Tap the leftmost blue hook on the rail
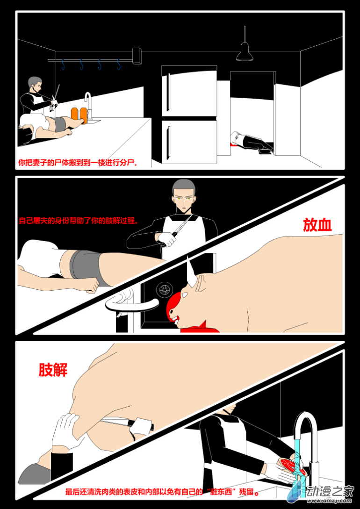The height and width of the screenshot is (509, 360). (x=62, y=65)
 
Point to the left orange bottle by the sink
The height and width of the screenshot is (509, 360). (x=75, y=114)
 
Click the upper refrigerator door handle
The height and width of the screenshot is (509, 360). (x=169, y=92)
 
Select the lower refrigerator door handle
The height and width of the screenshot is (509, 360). (x=168, y=143)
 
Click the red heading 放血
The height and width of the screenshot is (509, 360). (x=317, y=225)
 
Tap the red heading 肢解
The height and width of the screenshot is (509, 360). (x=53, y=369)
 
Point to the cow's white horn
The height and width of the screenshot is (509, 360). (x=191, y=272)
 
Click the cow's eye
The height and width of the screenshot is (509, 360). (x=184, y=295)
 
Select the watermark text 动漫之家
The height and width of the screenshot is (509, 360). (x=331, y=491)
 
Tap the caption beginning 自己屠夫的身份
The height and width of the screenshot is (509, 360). (x=79, y=221)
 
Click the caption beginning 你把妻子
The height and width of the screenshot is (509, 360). (x=78, y=162)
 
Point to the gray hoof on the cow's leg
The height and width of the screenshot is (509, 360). (x=35, y=473)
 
